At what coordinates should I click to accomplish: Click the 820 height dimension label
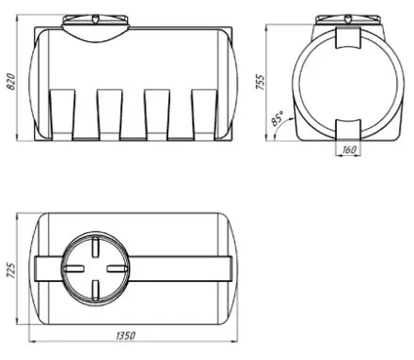pyautogui.click(x=10, y=82)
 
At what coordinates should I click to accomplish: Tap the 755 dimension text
pyautogui.click(x=261, y=83)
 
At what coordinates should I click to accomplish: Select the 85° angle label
pyautogui.click(x=278, y=118)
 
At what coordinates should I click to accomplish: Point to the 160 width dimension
pyautogui.click(x=349, y=149)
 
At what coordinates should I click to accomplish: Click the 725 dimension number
pyautogui.click(x=10, y=270)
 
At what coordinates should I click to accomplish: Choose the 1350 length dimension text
pyautogui.click(x=126, y=336)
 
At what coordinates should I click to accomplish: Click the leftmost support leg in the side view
pyautogui.click(x=62, y=115)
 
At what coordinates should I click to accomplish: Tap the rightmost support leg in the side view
pyautogui.click(x=204, y=115)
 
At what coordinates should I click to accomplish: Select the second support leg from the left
pyautogui.click(x=109, y=115)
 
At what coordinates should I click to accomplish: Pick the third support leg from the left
pyautogui.click(x=157, y=115)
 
